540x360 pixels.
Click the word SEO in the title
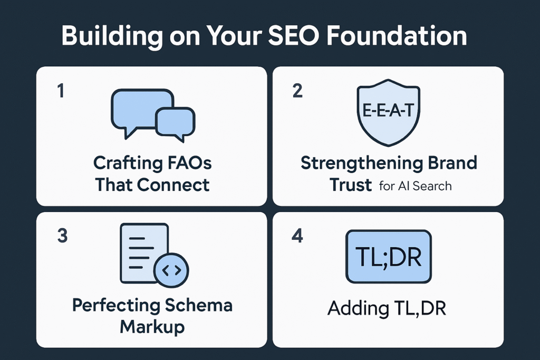click(x=293, y=36)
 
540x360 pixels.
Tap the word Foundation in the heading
click(x=397, y=36)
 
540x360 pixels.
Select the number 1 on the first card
click(x=61, y=91)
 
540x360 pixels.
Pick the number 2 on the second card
click(x=297, y=91)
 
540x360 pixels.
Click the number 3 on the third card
click(x=62, y=236)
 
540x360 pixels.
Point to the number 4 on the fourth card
click(x=297, y=236)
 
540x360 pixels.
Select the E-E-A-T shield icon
click(x=389, y=113)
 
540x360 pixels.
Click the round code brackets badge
click(x=171, y=270)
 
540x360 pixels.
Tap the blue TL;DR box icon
click(x=389, y=257)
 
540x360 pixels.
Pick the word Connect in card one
click(x=173, y=185)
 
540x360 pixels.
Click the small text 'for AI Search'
click(x=416, y=186)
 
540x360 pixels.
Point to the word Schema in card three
click(x=198, y=305)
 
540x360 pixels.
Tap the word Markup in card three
click(x=152, y=327)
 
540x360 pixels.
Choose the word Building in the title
click(x=112, y=36)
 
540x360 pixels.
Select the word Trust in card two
click(x=351, y=185)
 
